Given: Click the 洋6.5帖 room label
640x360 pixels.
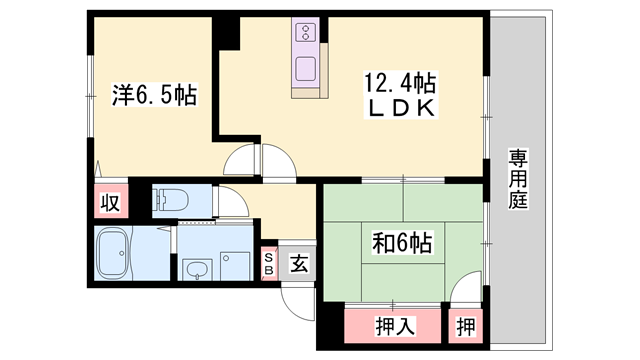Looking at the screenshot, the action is [x=154, y=94].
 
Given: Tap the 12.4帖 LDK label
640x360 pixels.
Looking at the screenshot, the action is [x=400, y=95].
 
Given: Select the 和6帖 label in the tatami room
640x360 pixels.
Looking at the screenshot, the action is [x=402, y=243].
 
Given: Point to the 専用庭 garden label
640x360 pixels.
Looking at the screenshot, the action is [x=518, y=179].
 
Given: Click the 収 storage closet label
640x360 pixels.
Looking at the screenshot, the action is [x=111, y=202].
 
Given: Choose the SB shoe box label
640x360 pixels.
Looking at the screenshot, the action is [x=269, y=264].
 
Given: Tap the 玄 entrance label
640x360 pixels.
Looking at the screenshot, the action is [x=299, y=263].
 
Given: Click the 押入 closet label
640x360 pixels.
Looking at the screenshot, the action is [x=395, y=326].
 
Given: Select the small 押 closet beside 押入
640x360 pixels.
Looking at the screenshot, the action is [x=466, y=327].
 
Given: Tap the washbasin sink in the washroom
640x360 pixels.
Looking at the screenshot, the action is [x=198, y=270].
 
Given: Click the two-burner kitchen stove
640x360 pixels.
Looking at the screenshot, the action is [x=305, y=32].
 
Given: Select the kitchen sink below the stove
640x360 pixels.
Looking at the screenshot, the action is [x=305, y=69].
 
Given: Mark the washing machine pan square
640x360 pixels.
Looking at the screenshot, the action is [x=235, y=266].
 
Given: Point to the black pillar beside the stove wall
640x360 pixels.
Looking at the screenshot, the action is [x=226, y=33].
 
